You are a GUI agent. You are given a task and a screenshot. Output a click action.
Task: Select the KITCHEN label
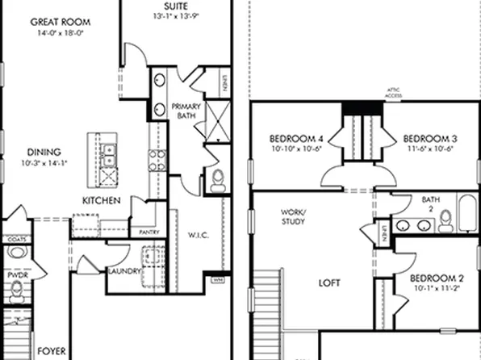click(x=102, y=199)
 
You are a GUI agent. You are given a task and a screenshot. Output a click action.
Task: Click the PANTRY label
click(x=148, y=232)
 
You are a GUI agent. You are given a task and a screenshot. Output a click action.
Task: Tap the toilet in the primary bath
click(x=217, y=182)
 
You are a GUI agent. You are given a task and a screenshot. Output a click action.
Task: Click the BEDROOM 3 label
click(x=425, y=138)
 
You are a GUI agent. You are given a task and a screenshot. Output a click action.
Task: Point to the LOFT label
click(x=328, y=283)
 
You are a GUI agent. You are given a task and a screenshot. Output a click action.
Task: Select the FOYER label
click(x=52, y=352)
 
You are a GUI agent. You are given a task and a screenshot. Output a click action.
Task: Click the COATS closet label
click(x=15, y=239)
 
